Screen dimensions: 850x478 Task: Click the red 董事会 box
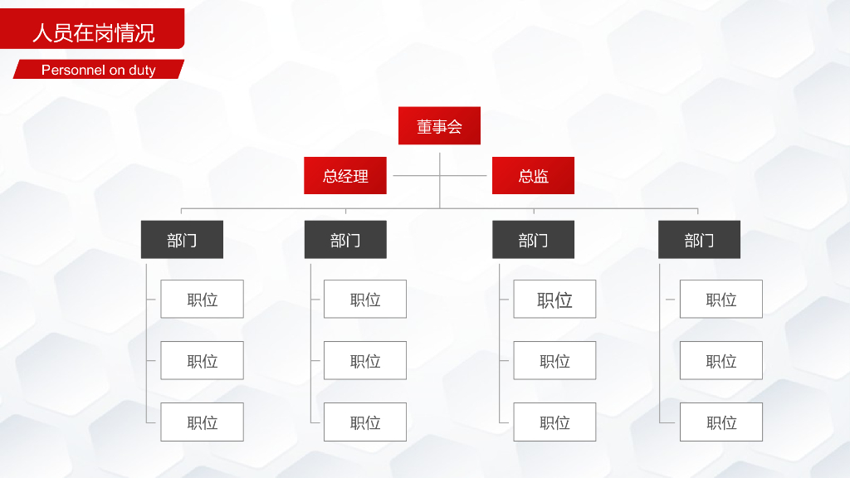click(439, 126)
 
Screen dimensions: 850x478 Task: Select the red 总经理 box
click(345, 175)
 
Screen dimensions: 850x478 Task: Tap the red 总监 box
click(533, 175)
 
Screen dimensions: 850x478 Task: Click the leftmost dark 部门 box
click(182, 240)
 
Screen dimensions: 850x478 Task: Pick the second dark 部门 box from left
click(345, 240)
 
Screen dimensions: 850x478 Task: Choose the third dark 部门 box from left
click(533, 240)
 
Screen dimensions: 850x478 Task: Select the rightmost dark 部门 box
click(699, 240)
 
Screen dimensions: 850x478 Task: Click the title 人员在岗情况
click(93, 33)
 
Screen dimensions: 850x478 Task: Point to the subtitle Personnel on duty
click(98, 70)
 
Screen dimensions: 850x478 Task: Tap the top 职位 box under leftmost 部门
click(202, 299)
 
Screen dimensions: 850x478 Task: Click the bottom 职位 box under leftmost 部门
click(202, 422)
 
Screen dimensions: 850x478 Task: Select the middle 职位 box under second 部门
click(365, 360)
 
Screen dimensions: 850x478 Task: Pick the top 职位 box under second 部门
click(365, 299)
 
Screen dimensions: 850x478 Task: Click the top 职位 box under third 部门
click(554, 299)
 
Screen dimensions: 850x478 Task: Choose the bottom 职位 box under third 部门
click(554, 422)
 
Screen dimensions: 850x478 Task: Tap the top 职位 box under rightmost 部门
click(721, 299)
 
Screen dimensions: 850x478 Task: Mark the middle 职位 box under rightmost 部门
click(721, 360)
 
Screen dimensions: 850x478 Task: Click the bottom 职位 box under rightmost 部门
click(721, 422)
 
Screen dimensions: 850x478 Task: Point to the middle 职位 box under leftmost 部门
click(202, 360)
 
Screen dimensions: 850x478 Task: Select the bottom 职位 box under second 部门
click(365, 422)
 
